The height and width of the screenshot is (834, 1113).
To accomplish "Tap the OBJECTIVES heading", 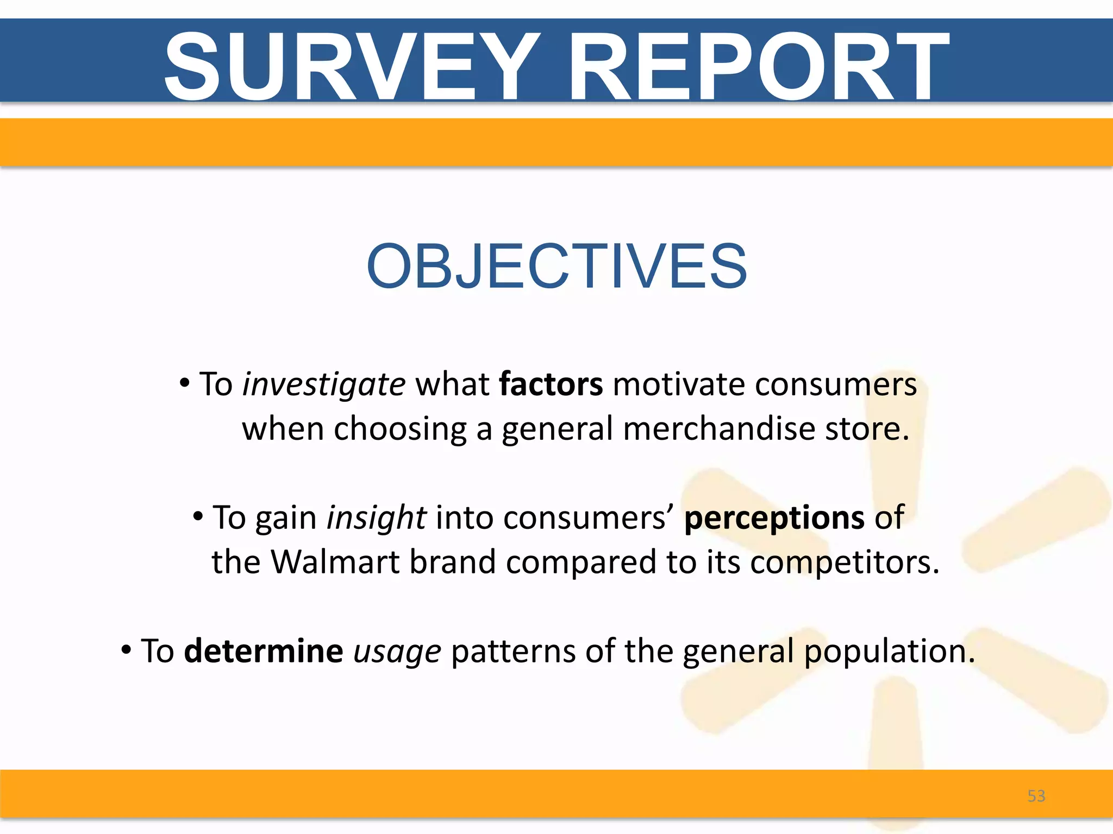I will (556, 266).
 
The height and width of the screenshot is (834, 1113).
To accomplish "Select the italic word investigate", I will (323, 385).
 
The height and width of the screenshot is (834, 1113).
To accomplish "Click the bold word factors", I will (551, 384).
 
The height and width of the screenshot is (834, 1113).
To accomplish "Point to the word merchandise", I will (719, 428).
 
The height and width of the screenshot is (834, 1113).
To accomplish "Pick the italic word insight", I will (376, 517).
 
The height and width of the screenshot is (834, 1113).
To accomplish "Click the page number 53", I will (1036, 796).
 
